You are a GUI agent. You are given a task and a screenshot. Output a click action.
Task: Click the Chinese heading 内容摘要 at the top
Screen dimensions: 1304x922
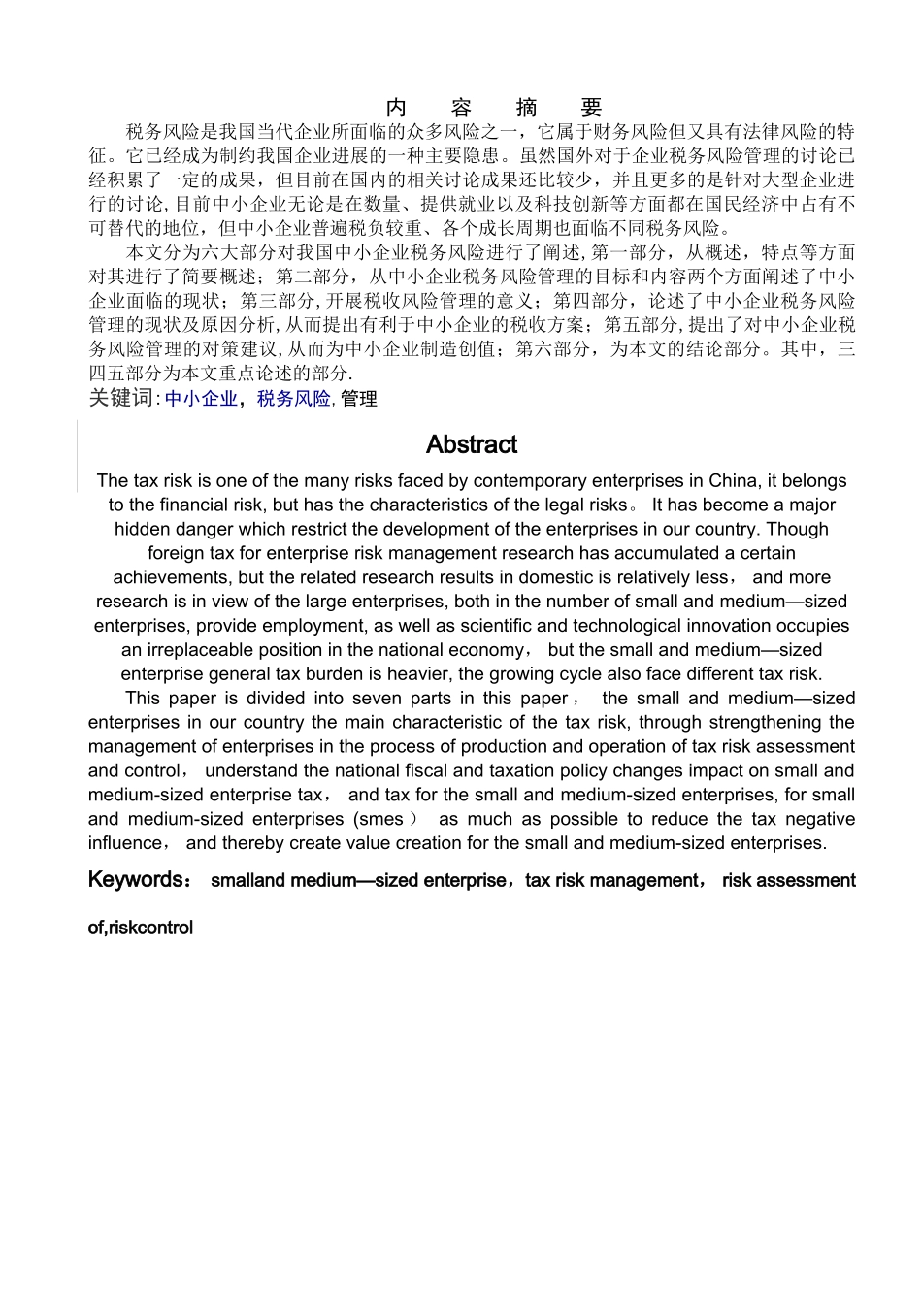494,107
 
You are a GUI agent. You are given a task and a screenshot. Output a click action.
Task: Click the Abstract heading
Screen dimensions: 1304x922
472,444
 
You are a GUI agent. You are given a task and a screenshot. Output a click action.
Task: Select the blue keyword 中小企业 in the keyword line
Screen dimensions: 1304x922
201,398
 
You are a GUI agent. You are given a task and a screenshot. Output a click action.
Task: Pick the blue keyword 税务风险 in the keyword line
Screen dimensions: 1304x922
294,398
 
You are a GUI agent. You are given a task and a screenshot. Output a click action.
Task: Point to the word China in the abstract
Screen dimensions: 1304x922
733,480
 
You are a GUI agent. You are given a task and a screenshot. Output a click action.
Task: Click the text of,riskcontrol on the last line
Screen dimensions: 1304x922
141,928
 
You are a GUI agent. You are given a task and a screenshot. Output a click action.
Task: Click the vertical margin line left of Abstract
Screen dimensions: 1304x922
77,456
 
